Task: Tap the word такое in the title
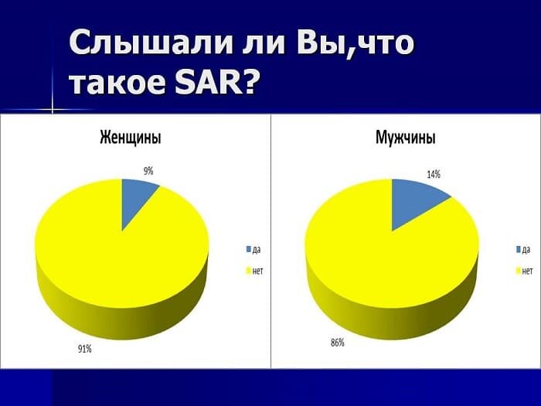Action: tap(114, 80)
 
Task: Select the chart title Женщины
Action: tap(131, 138)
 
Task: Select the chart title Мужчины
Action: tap(405, 138)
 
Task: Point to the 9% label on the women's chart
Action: tap(148, 171)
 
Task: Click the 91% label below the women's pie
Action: tap(84, 349)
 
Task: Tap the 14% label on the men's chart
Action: tap(434, 174)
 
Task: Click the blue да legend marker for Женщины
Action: tap(249, 249)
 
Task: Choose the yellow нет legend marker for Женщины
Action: tap(249, 271)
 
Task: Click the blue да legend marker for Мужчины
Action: tap(519, 249)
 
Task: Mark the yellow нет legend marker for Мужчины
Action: tap(519, 271)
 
